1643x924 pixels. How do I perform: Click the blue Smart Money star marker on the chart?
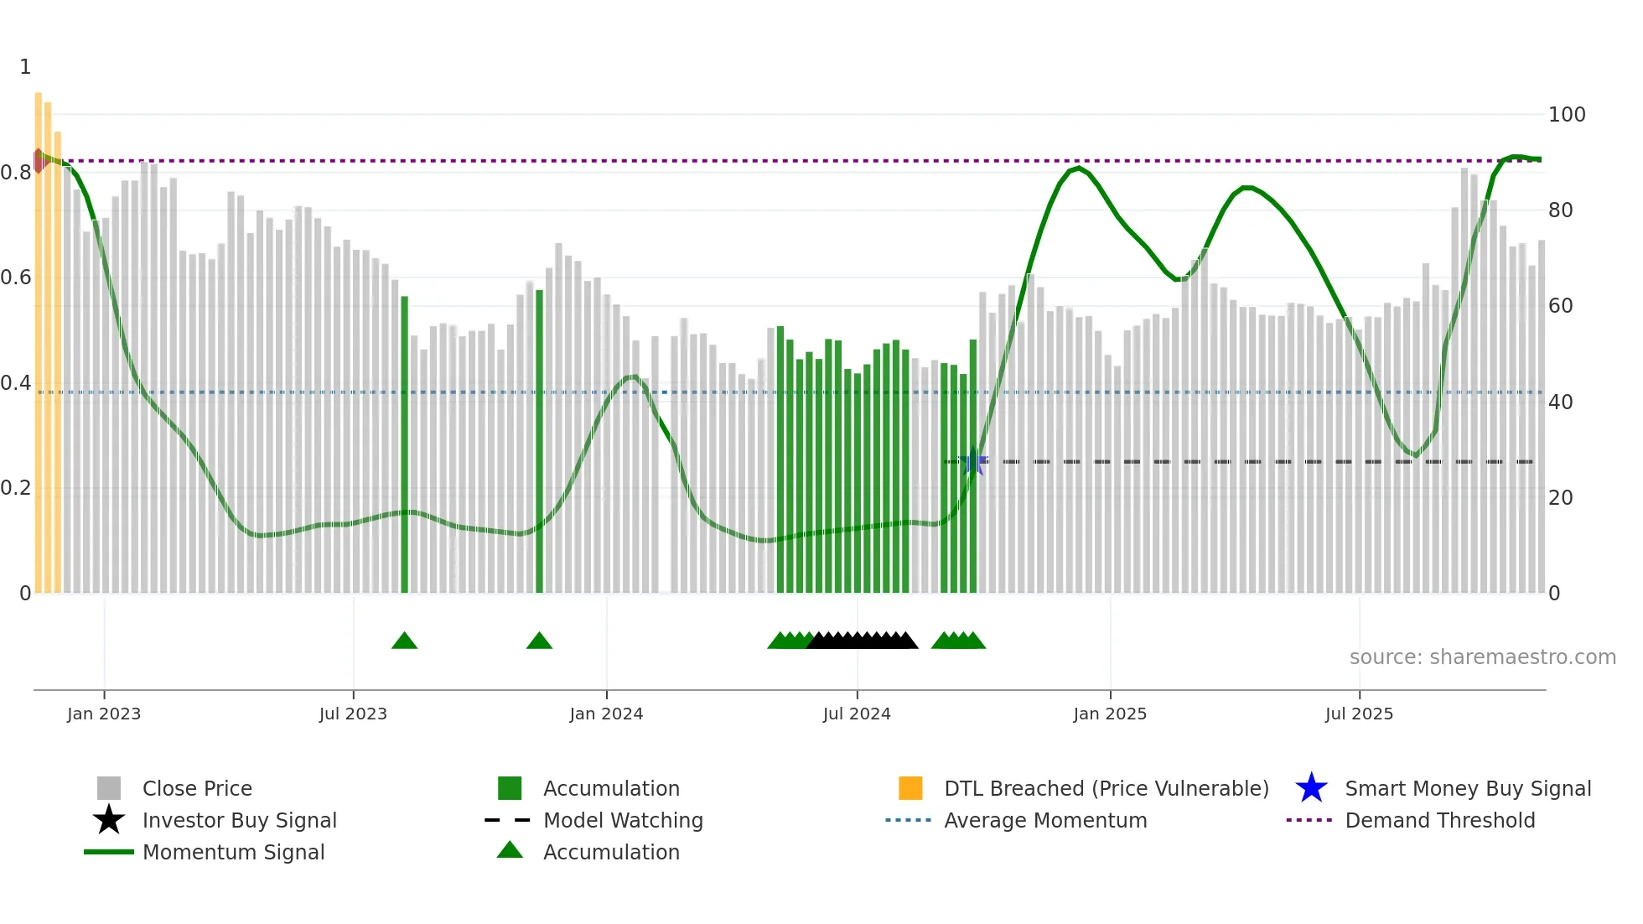[x=974, y=462]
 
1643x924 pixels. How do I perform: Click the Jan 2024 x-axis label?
[x=606, y=714]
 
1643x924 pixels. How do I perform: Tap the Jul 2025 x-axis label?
[x=1359, y=714]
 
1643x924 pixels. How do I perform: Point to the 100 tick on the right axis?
[x=1566, y=115]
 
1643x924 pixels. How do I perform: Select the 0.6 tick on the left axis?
[x=17, y=278]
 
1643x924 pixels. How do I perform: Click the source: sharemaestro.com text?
[x=1482, y=657]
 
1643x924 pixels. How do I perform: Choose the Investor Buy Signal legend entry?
[x=239, y=821]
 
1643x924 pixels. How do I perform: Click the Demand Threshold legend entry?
[x=1439, y=821]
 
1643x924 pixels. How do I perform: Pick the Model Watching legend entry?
[x=622, y=821]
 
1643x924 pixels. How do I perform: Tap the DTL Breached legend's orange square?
[x=910, y=789]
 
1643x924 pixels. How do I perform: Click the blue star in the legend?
[x=1311, y=789]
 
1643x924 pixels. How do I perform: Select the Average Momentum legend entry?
[x=1044, y=821]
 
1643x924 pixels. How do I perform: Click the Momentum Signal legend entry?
[x=233, y=853]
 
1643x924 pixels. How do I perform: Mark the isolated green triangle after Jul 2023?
[x=404, y=641]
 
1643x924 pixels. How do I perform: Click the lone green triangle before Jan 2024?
[x=539, y=641]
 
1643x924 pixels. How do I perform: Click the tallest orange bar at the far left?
[x=39, y=335]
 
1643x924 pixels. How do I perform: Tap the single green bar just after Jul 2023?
[x=404, y=444]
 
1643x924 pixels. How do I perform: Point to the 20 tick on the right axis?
[x=1560, y=498]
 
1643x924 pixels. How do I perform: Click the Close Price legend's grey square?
[x=109, y=789]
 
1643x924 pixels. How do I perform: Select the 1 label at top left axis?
[x=25, y=67]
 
